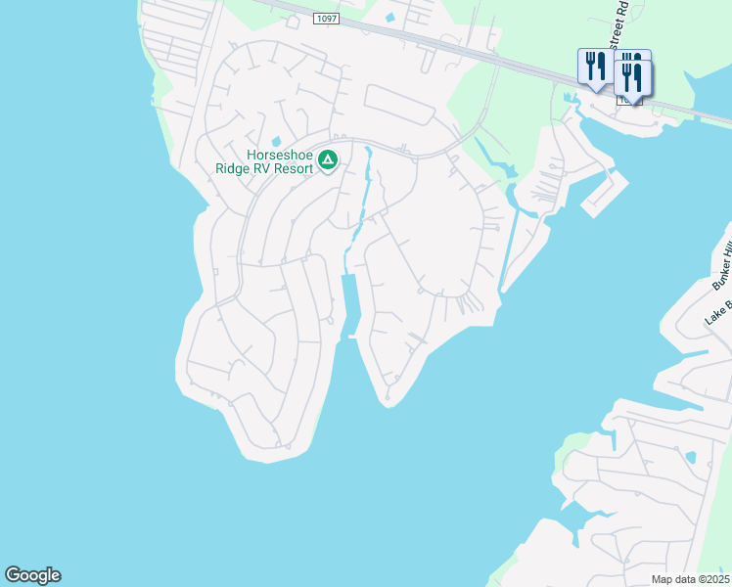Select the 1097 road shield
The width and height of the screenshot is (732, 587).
click(326, 19)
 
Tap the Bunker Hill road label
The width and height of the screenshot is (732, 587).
click(721, 259)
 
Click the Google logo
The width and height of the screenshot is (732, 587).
click(32, 575)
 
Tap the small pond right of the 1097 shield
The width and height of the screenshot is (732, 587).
click(391, 17)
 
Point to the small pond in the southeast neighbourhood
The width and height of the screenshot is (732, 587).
click(692, 456)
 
